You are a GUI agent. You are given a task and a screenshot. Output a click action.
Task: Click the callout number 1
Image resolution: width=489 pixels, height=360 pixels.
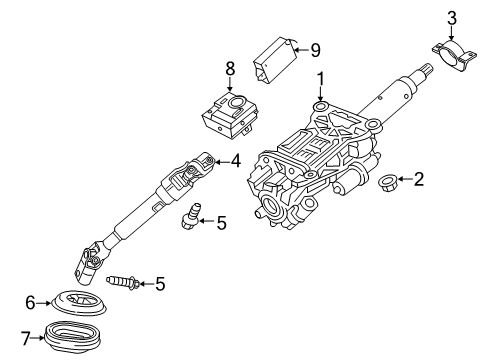point(321,79)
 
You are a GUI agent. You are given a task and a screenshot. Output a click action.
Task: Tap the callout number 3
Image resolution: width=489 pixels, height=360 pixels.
point(451,17)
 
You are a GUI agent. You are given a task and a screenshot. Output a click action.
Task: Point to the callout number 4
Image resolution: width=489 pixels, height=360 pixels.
point(235,158)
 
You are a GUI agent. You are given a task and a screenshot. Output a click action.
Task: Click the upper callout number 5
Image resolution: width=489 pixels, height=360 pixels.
point(221,223)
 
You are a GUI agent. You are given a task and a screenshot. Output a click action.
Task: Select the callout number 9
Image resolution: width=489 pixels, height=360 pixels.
point(315,47)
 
